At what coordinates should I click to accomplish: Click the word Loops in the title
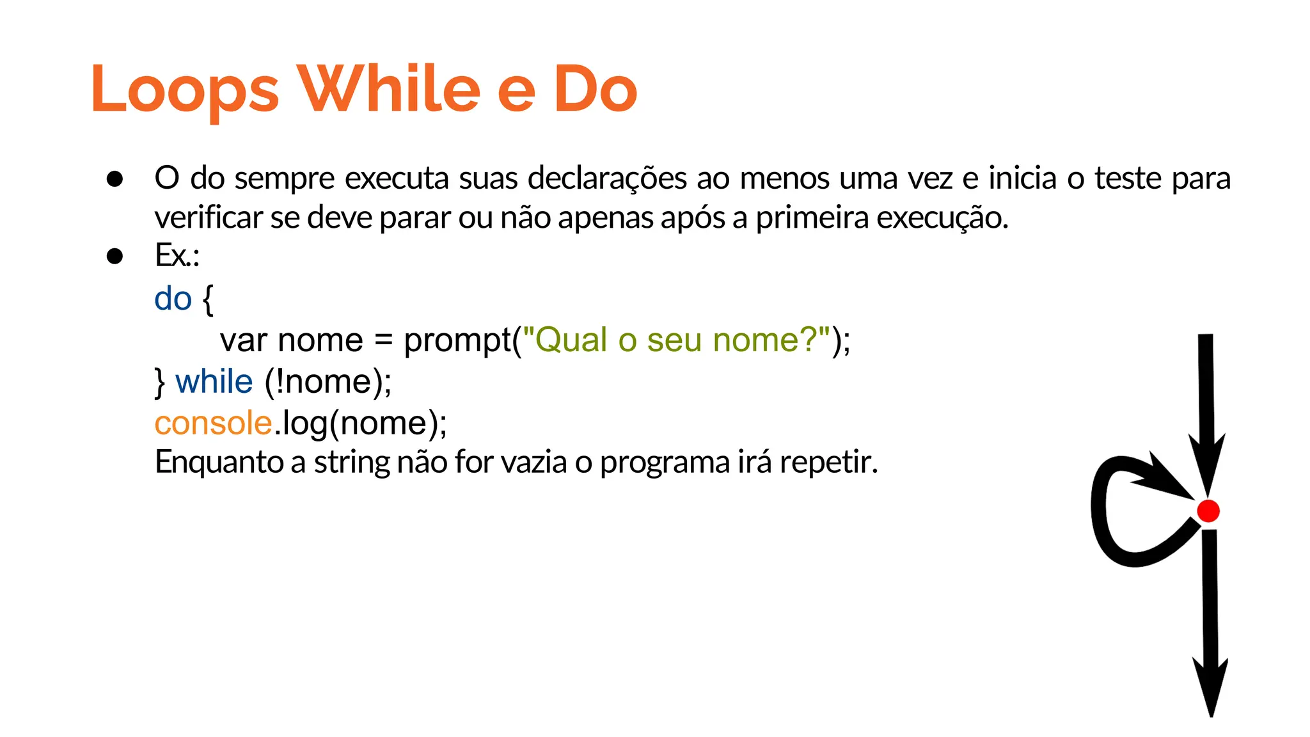pos(185,90)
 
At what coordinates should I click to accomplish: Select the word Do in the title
pos(595,90)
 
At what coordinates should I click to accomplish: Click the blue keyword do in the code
pos(173,299)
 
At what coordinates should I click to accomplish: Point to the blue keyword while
pos(214,382)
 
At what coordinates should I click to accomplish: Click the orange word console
pos(214,424)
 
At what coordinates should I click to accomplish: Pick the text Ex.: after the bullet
pos(177,255)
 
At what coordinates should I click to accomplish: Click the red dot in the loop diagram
pos(1208,511)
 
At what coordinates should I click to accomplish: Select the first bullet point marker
pos(115,179)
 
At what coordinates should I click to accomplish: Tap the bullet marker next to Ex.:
pos(115,257)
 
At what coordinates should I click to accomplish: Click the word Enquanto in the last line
pos(219,462)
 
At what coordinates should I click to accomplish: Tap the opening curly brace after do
pos(207,299)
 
